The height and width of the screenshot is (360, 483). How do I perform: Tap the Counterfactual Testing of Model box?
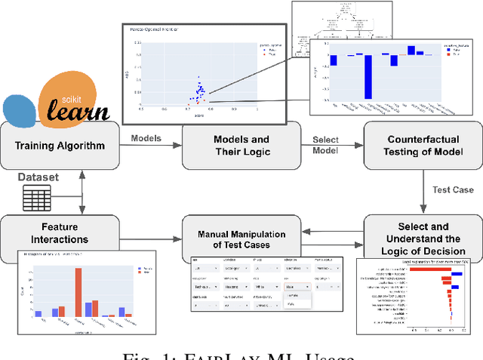[423, 146]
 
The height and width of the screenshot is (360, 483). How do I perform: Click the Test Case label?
[452, 190]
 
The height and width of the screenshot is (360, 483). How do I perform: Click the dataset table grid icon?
[36, 198]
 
